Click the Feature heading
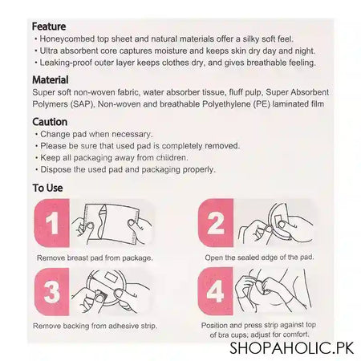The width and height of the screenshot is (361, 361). [x=49, y=26]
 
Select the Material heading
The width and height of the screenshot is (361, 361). [x=51, y=80]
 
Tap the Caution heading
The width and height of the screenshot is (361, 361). [x=50, y=122]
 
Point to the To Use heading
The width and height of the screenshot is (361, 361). [x=47, y=188]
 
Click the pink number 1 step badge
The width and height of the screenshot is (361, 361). [x=52, y=223]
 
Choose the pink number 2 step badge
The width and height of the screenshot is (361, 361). [x=216, y=223]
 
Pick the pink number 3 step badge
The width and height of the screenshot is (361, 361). [x=52, y=292]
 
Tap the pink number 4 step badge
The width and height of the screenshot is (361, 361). [x=216, y=291]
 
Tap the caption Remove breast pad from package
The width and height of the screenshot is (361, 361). [x=95, y=258]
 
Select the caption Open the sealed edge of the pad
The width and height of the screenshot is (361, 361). [x=259, y=258]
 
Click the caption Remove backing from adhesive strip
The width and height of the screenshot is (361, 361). [x=95, y=326]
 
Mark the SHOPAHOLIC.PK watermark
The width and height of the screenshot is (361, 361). [x=292, y=348]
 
